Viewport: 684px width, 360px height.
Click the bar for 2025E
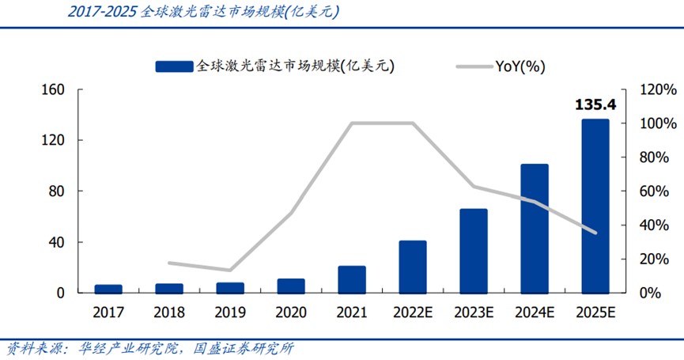(x=595, y=206)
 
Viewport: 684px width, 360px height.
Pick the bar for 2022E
(x=413, y=266)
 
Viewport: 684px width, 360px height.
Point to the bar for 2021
(x=352, y=279)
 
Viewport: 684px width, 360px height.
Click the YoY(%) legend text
(x=520, y=66)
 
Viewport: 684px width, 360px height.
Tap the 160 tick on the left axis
(x=52, y=89)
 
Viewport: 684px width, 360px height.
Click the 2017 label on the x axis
(x=108, y=313)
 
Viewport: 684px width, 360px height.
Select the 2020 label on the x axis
(x=291, y=313)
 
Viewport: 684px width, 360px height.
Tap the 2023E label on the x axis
(x=474, y=313)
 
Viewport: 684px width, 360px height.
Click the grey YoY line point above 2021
(x=352, y=123)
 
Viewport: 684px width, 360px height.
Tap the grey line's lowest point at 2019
(x=230, y=271)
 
